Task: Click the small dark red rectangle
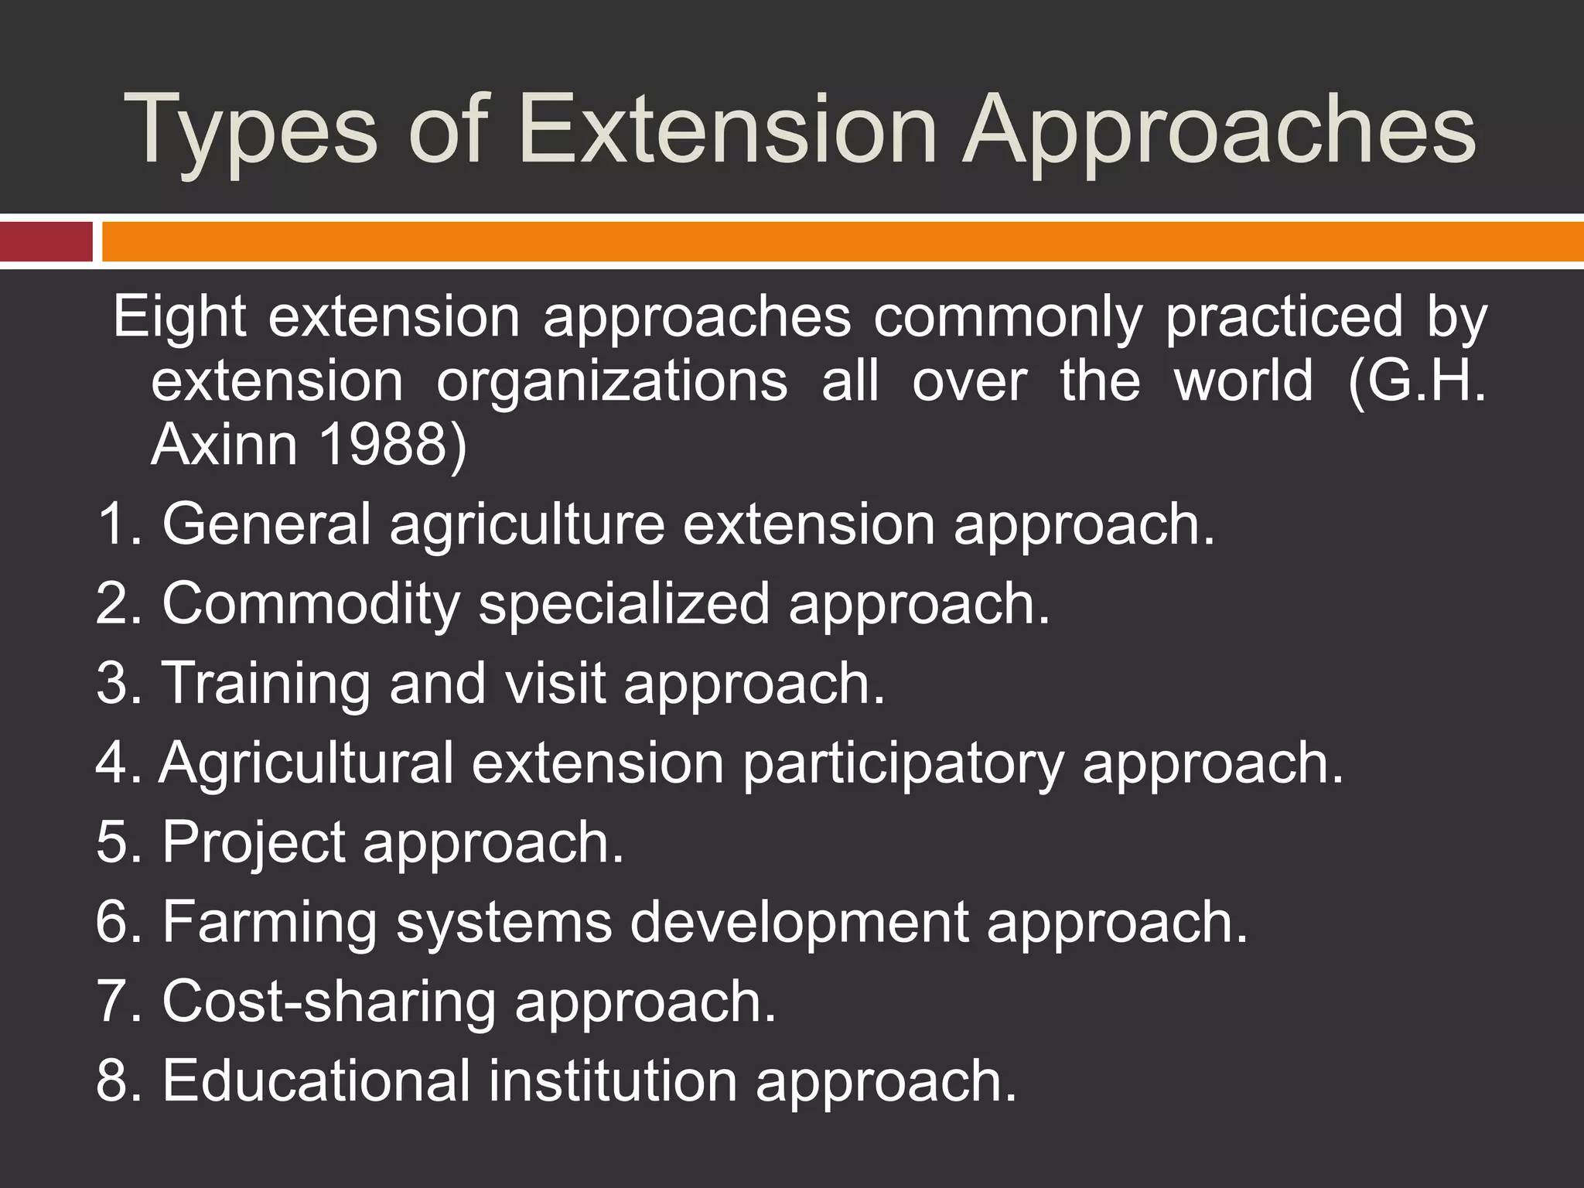(x=46, y=241)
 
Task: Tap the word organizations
(x=612, y=381)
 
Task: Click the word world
(x=1244, y=381)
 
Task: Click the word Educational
(x=316, y=1080)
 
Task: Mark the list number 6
(x=112, y=922)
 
